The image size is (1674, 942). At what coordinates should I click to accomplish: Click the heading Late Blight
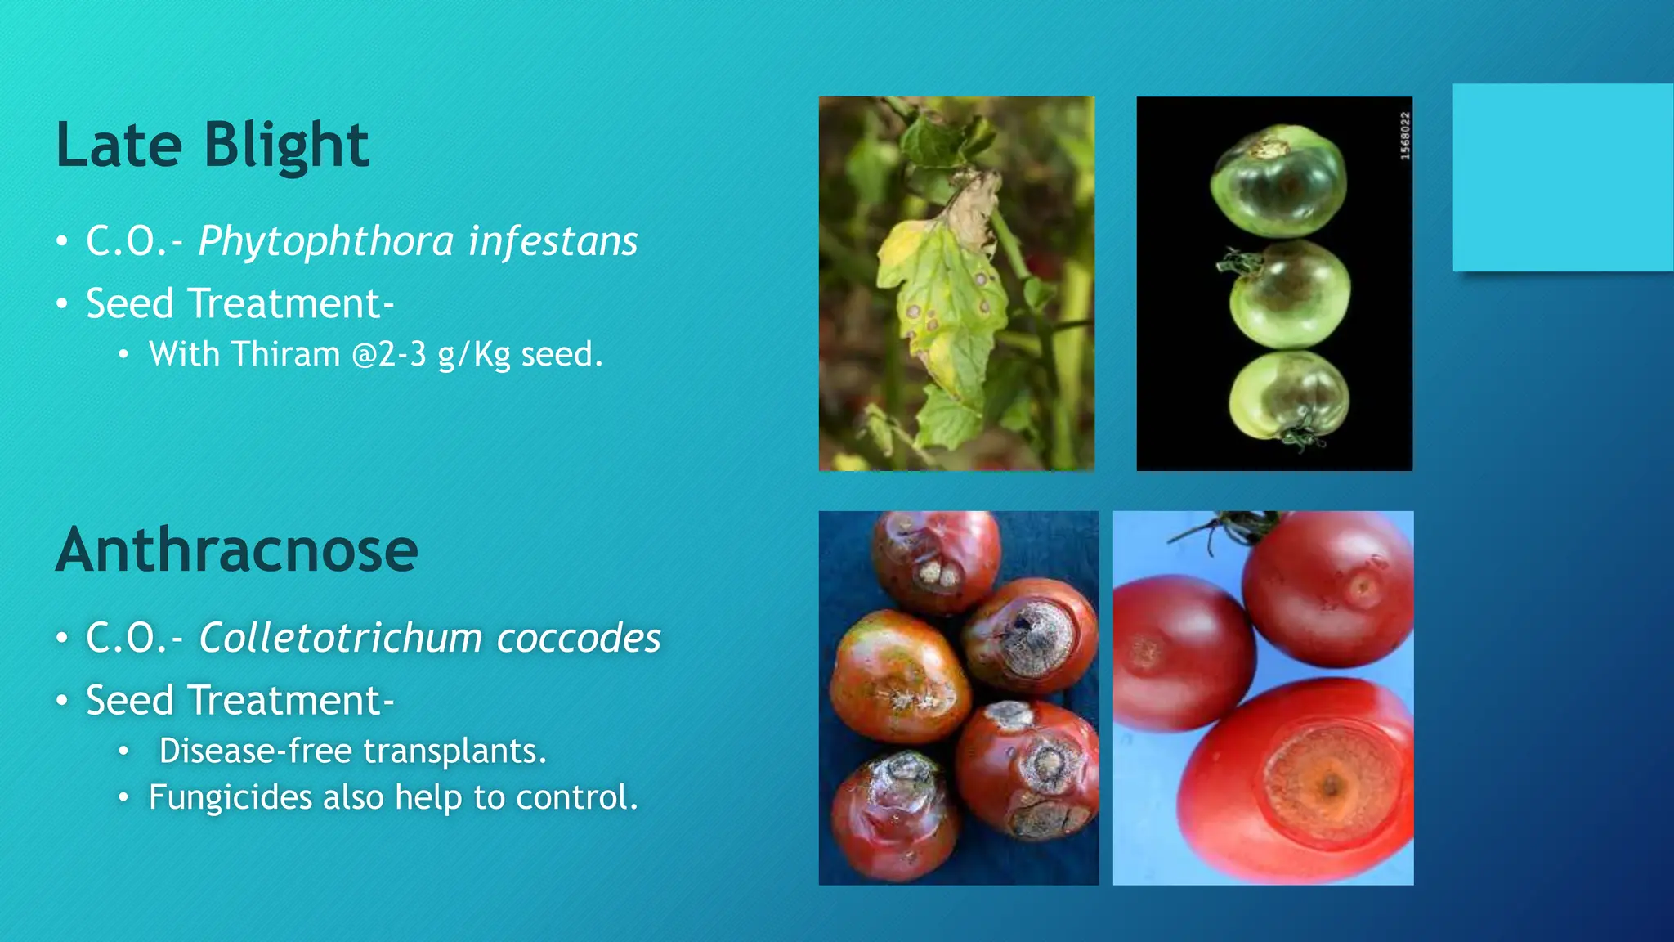click(212, 145)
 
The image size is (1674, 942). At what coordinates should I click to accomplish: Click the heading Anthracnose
click(237, 549)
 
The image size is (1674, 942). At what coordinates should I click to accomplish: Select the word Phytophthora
click(326, 241)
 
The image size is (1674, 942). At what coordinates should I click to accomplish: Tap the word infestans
click(553, 241)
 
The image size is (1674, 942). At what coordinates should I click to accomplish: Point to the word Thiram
click(285, 354)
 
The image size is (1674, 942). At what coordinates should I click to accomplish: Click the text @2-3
click(389, 354)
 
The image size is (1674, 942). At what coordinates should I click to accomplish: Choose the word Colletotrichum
click(341, 638)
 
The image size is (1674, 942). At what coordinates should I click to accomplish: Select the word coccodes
click(579, 638)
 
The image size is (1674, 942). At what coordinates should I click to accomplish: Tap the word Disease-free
click(255, 751)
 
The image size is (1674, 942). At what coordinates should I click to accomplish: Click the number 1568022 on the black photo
click(1405, 136)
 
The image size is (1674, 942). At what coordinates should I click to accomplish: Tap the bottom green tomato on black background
click(1289, 399)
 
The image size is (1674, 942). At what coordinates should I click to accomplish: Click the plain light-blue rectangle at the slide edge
click(1562, 177)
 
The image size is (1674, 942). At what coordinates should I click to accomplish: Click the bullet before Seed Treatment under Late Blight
click(62, 304)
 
